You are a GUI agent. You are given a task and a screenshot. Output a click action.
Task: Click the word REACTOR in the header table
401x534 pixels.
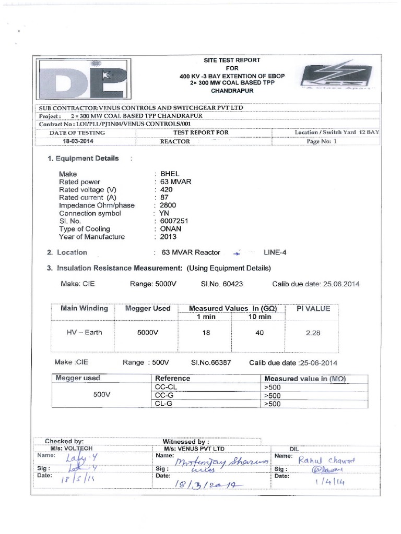tap(175, 141)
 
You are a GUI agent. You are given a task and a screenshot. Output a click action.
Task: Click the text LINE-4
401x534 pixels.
tap(275, 252)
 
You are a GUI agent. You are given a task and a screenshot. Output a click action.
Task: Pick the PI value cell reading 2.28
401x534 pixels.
tap(313, 333)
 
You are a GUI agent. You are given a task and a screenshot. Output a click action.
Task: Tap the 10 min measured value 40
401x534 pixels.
tap(260, 333)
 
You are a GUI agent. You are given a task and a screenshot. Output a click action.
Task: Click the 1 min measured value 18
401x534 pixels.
tap(206, 333)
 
